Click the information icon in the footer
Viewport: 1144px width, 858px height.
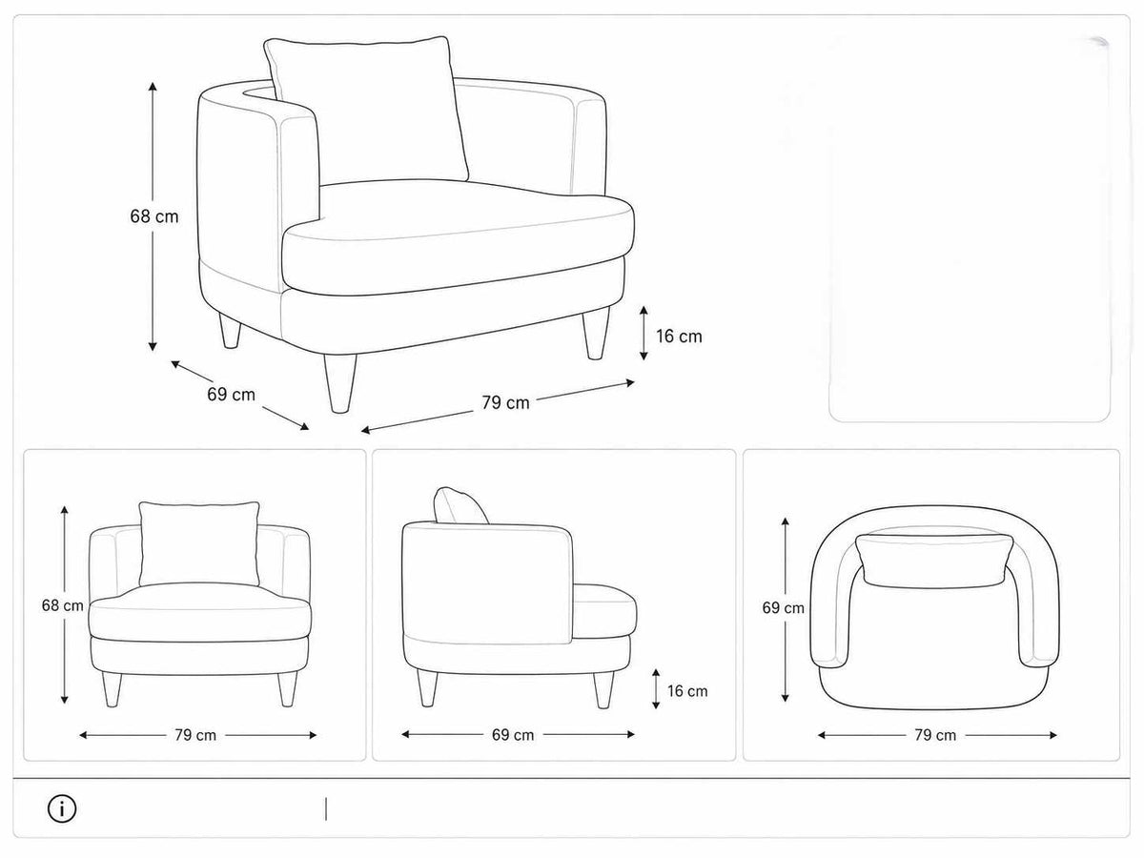[x=62, y=809]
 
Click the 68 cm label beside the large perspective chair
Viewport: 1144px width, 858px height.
[x=154, y=216]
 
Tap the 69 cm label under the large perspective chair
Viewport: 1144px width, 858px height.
[x=231, y=395]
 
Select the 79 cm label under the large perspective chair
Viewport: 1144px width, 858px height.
[x=505, y=402]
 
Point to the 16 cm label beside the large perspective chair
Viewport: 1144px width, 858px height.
[x=679, y=336]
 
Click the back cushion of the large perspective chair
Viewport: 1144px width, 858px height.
[x=366, y=110]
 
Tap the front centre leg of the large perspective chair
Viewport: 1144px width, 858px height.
[x=340, y=383]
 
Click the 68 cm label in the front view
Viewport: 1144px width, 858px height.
[x=63, y=605]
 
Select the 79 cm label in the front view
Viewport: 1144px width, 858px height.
[x=195, y=735]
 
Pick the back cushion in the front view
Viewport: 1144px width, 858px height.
[x=199, y=543]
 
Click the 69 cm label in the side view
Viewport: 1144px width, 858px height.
[x=513, y=735]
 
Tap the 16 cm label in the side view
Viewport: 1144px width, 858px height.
[x=687, y=691]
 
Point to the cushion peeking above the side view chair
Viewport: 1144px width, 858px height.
[x=459, y=506]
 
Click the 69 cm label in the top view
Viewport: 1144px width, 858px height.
[x=783, y=607]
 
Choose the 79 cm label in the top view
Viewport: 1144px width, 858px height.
[x=935, y=735]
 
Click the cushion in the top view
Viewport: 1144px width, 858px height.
[x=934, y=562]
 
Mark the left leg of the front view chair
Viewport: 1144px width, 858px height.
[x=112, y=689]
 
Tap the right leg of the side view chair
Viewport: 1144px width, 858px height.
[x=603, y=689]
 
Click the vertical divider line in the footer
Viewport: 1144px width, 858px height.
[x=326, y=809]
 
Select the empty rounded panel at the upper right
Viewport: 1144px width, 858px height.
[x=970, y=228]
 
